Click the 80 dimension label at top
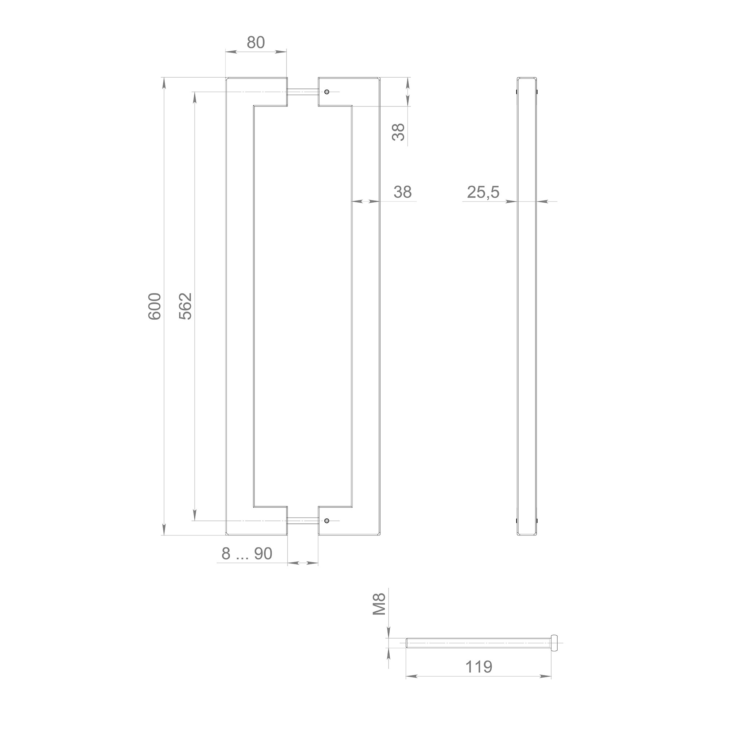point(256,43)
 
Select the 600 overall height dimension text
point(155,307)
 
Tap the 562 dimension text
point(186,307)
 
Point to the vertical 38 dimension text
point(398,132)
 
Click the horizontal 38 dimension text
point(402,192)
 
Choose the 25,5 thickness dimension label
point(483,192)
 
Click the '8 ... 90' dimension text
point(247,554)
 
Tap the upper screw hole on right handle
point(326,92)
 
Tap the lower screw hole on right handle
point(326,521)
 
